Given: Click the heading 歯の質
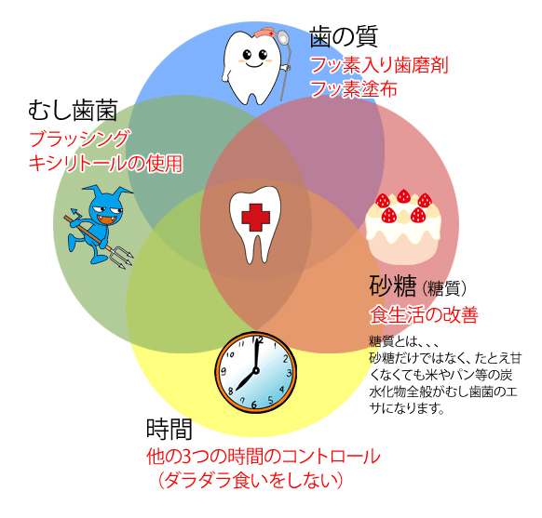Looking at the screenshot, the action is (x=344, y=36).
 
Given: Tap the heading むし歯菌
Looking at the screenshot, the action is (x=73, y=111).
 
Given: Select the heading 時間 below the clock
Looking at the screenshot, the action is (x=169, y=429).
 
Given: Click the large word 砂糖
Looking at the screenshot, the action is (x=392, y=286).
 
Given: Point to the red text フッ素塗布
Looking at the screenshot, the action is (x=354, y=88).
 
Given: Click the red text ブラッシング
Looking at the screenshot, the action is (x=80, y=139).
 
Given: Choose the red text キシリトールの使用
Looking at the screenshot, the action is (x=106, y=163).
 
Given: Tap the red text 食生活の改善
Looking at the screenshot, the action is (x=424, y=314).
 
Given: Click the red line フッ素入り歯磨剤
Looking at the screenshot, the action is (x=379, y=65).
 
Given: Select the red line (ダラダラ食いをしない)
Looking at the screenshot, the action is (x=251, y=480).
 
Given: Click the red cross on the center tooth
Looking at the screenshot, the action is (x=255, y=218).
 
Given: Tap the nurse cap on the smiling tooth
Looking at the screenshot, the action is (x=265, y=33).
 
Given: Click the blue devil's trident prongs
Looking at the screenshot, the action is (x=124, y=256).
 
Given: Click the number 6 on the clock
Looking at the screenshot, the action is (x=254, y=405).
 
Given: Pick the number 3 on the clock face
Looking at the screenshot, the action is (x=289, y=373).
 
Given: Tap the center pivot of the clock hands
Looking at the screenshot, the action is (x=256, y=371).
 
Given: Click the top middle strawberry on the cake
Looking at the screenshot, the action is (x=403, y=196).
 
